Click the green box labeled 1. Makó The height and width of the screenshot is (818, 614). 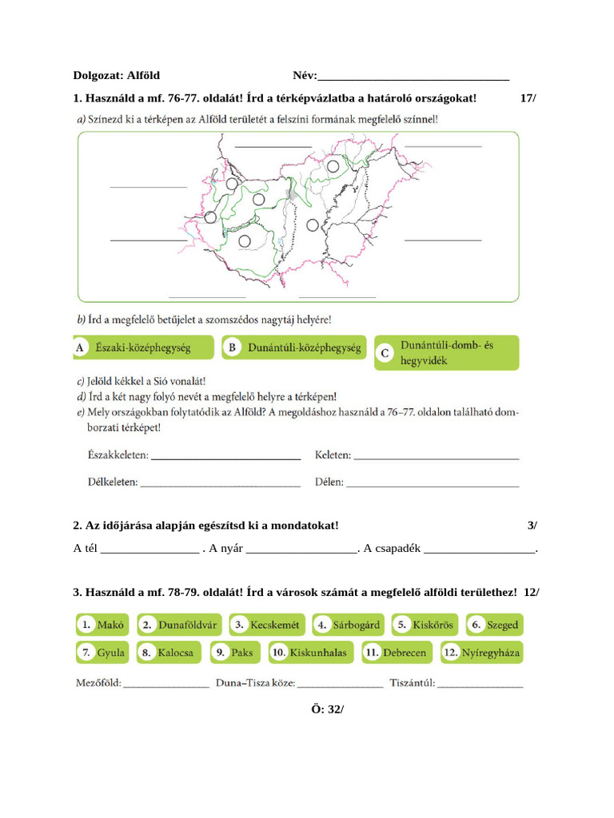coord(102,625)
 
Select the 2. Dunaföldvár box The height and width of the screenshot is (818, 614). coord(180,625)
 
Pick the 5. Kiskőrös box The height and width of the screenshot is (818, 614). coord(425,625)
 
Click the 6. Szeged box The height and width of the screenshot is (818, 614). coord(495,625)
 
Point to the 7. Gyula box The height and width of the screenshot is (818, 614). coord(102,653)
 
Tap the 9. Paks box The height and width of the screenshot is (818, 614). coord(234,653)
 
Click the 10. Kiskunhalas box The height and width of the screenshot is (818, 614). coord(310,653)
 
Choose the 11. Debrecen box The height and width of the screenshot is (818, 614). coord(397,653)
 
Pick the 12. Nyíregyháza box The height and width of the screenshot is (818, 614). coord(482,653)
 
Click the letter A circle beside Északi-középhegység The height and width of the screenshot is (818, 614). coord(80,348)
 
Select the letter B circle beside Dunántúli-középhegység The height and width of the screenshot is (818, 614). coord(232,348)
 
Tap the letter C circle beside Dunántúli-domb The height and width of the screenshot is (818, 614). coord(385,352)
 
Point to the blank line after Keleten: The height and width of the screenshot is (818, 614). coord(436,458)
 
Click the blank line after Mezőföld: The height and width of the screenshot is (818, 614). coord(166,686)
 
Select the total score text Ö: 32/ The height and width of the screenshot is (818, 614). coord(329,709)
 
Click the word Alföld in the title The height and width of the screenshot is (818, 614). coord(143,76)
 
